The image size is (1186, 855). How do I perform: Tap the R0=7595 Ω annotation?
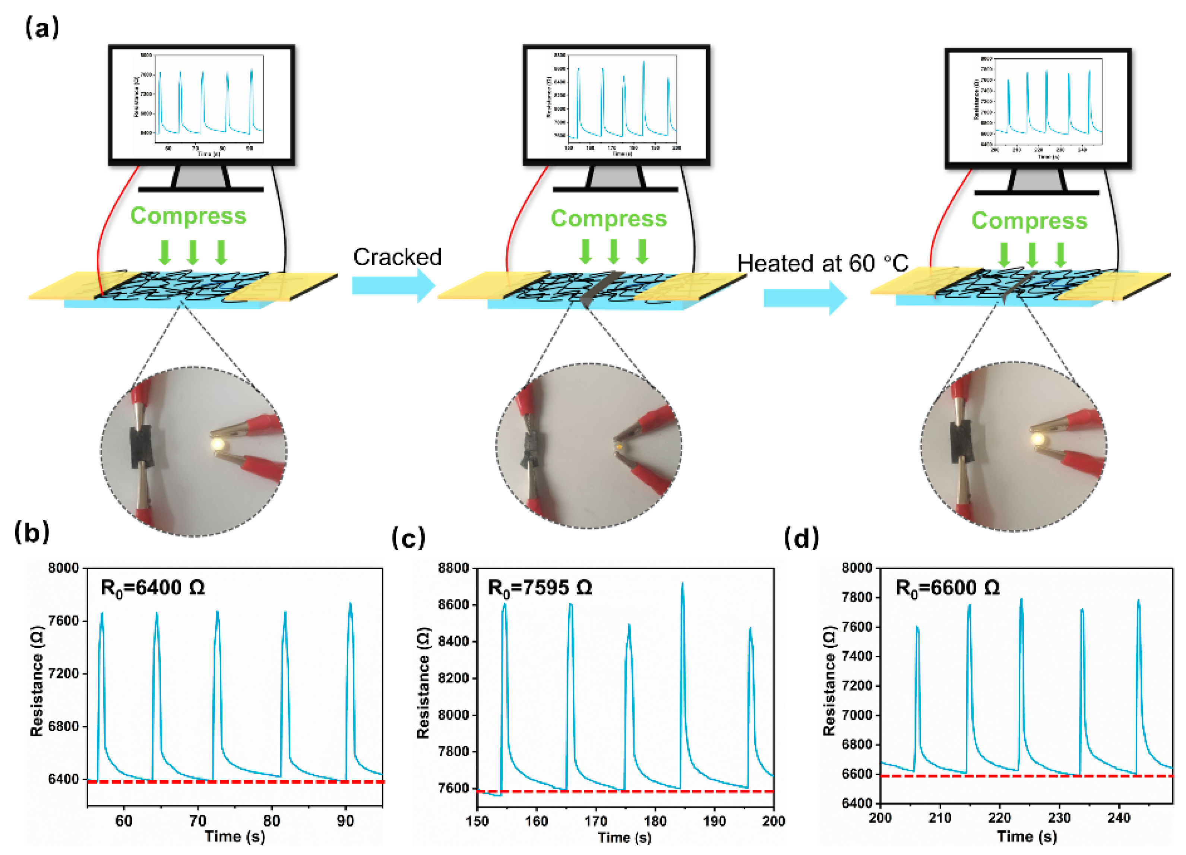coord(539,588)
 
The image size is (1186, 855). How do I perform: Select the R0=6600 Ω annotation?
coord(947,588)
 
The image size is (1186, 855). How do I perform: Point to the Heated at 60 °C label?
coord(823,263)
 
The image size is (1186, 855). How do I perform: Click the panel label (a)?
coord(42,27)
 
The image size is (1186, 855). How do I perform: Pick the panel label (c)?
coord(408,537)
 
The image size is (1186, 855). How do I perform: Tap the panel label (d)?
coord(801,537)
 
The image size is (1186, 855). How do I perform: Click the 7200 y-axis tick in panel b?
coord(63,673)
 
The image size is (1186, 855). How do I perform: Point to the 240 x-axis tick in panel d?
coord(1119,817)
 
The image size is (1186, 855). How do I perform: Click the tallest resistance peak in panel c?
coord(682,585)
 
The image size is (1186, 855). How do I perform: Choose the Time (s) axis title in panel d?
coord(1027,836)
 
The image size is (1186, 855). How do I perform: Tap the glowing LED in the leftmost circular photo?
coord(218,444)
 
